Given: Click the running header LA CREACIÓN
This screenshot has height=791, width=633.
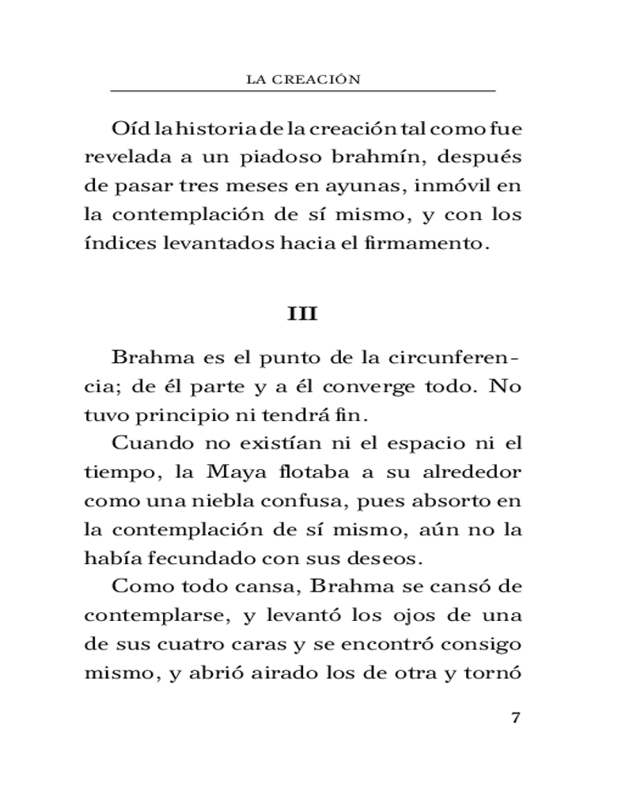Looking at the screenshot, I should (305, 78).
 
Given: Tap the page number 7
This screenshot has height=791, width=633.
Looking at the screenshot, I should (515, 718).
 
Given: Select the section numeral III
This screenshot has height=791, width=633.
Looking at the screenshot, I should (302, 314).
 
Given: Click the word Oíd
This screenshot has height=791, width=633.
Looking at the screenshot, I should (131, 128).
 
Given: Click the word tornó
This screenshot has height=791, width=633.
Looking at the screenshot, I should (498, 672).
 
